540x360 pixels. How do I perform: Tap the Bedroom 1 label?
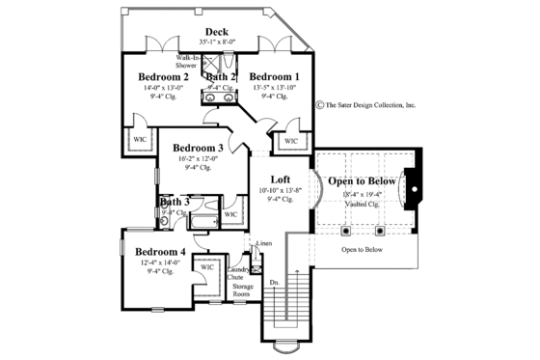point(274,76)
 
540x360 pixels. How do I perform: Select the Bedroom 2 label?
point(163,76)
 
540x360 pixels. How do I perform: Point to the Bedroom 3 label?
point(199,148)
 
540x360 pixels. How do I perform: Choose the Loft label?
point(281,180)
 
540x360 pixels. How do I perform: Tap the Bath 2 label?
point(221,76)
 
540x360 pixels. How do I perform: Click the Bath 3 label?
point(175,202)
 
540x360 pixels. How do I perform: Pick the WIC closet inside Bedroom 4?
point(208,266)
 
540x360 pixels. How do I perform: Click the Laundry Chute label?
point(234,273)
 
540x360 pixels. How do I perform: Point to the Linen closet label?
point(264,244)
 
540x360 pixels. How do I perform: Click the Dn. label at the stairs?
point(274,283)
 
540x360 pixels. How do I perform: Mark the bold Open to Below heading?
point(362,180)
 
